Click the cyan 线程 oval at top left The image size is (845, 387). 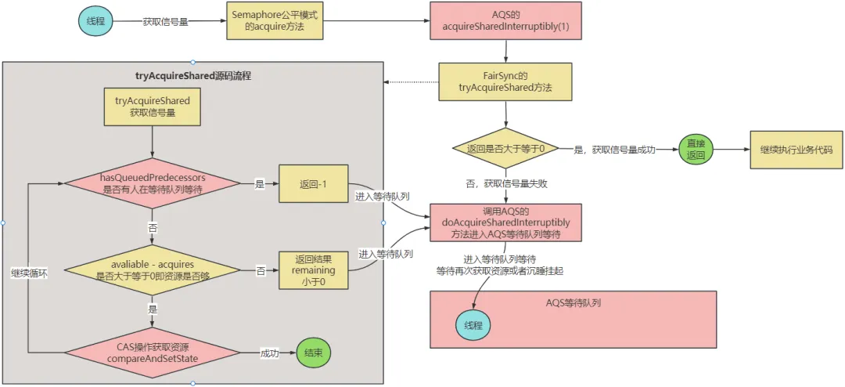click(x=95, y=21)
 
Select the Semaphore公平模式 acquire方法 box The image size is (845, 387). click(x=267, y=21)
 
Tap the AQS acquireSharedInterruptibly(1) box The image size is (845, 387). click(x=505, y=21)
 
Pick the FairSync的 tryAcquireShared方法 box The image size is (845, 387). click(x=505, y=82)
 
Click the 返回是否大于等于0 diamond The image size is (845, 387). click(x=505, y=148)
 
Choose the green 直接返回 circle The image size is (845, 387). click(x=696, y=148)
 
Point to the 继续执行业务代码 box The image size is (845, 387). click(x=796, y=148)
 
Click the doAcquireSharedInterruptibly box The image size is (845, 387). click(x=505, y=223)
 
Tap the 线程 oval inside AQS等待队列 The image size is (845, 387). click(x=473, y=324)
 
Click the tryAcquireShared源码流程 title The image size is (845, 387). click(x=192, y=76)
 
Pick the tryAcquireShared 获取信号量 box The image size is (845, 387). click(x=152, y=107)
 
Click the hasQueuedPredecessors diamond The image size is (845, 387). click(x=152, y=183)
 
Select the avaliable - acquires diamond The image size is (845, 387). click(x=152, y=270)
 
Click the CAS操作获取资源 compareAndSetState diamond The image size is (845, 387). click(x=152, y=353)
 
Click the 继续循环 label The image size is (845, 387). click(x=29, y=275)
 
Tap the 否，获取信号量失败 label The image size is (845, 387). click(x=505, y=183)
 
